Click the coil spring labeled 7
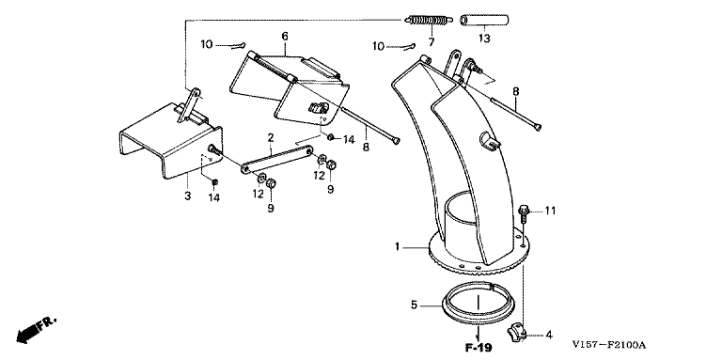tap(428, 22)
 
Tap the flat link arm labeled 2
tap(276, 159)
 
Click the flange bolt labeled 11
tap(523, 213)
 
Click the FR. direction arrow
tap(37, 330)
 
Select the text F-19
tap(478, 347)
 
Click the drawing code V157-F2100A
tap(609, 345)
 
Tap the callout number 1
tap(397, 247)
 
